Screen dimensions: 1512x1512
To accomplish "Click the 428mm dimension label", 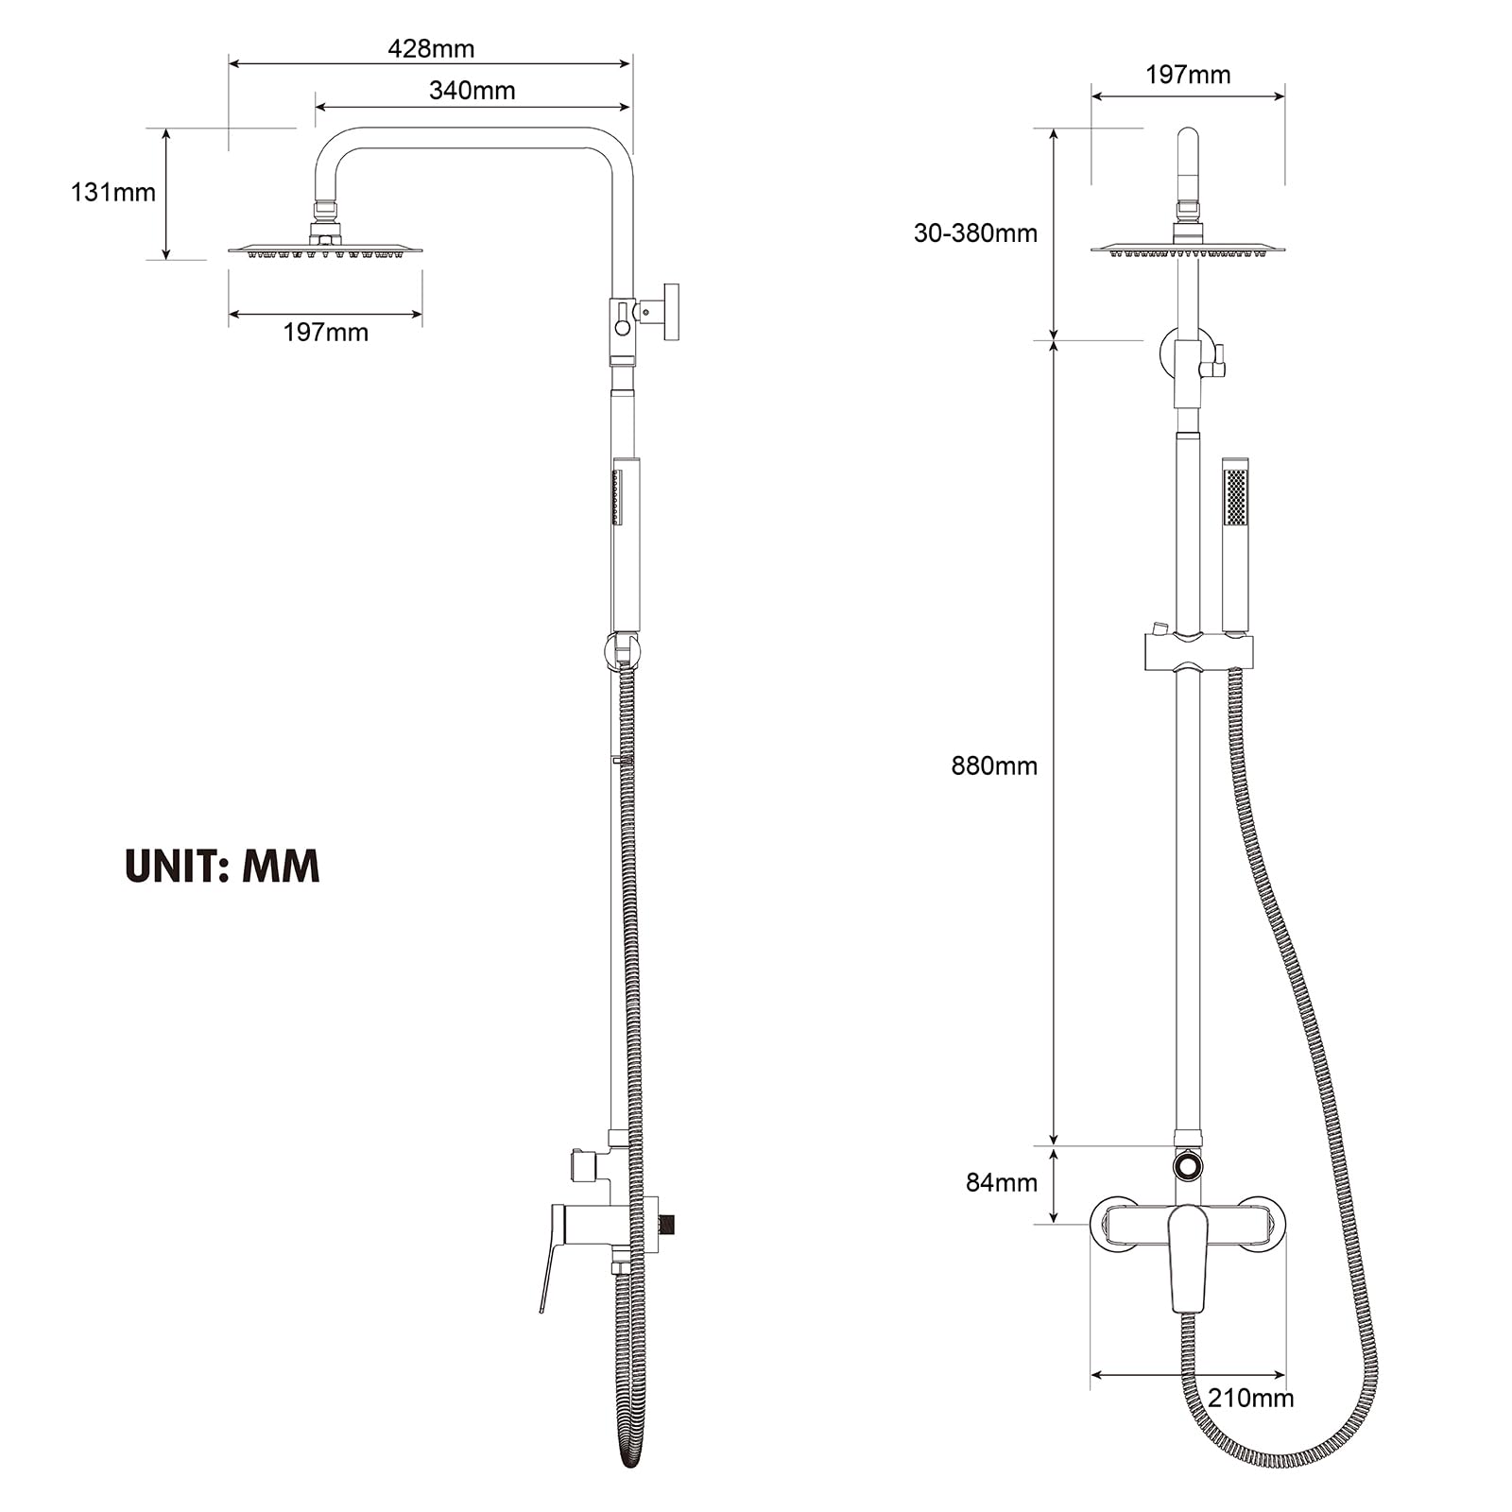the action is click(x=431, y=48).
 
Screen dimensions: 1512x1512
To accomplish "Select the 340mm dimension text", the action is click(x=472, y=91).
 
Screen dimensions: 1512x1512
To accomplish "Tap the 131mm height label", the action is click(x=112, y=193).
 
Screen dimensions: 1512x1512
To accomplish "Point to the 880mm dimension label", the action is click(x=993, y=765).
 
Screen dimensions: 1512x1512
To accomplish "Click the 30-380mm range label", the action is click(x=974, y=233).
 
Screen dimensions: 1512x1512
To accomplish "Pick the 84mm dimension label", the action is click(x=1001, y=1182).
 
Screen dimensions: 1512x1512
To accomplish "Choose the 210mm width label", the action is click(x=1249, y=1398).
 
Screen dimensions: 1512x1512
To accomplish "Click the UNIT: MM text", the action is click(x=222, y=866).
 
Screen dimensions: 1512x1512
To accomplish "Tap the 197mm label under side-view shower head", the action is click(x=325, y=333).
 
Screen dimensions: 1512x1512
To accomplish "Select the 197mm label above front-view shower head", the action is click(x=1187, y=75).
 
